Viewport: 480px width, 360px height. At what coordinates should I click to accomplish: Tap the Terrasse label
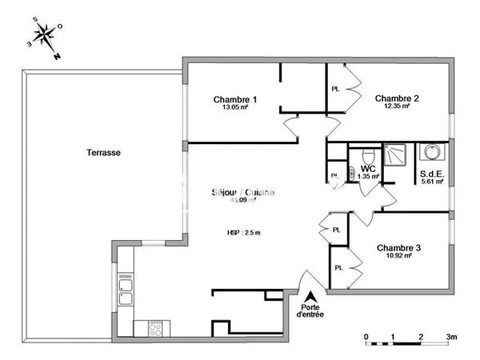point(104,152)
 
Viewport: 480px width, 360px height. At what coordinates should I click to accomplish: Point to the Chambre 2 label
point(398,98)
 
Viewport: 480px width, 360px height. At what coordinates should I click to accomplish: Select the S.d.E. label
point(431,173)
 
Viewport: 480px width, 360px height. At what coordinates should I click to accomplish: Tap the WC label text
point(368,169)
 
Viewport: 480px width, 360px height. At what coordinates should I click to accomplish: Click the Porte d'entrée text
point(311,311)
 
